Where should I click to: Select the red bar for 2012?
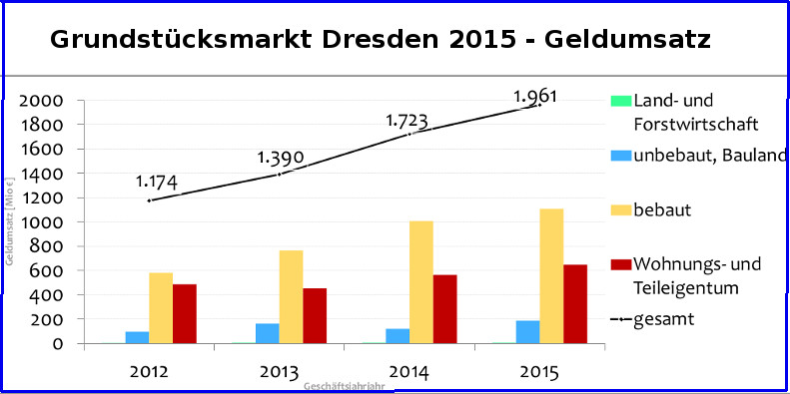click(185, 313)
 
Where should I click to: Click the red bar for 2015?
click(574, 303)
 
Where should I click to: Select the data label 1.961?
click(535, 97)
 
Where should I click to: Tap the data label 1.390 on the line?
click(281, 158)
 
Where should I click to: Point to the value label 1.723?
click(407, 122)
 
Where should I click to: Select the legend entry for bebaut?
click(661, 210)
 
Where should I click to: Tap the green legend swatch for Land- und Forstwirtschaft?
click(620, 101)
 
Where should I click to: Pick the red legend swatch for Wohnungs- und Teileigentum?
click(620, 264)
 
